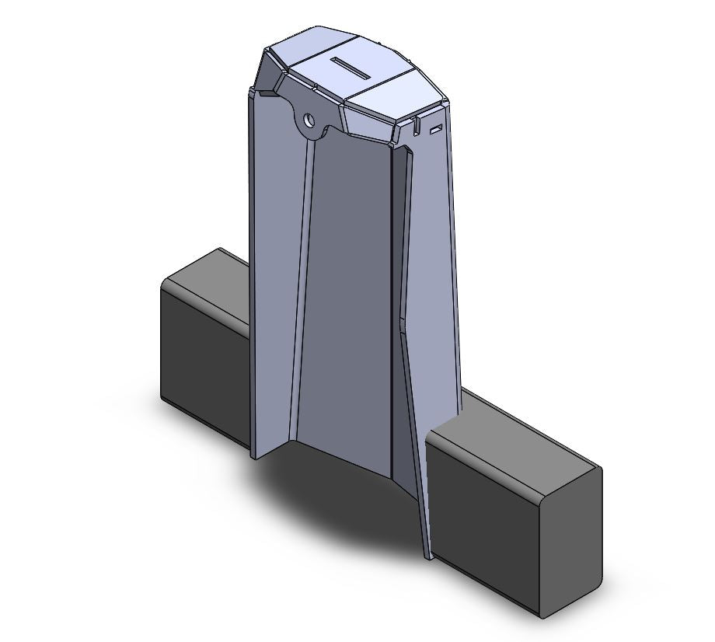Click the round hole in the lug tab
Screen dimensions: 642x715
pyautogui.click(x=309, y=120)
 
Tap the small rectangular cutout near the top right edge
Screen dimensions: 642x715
pyautogui.click(x=436, y=127)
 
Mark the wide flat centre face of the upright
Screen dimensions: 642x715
pyautogui.click(x=346, y=311)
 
